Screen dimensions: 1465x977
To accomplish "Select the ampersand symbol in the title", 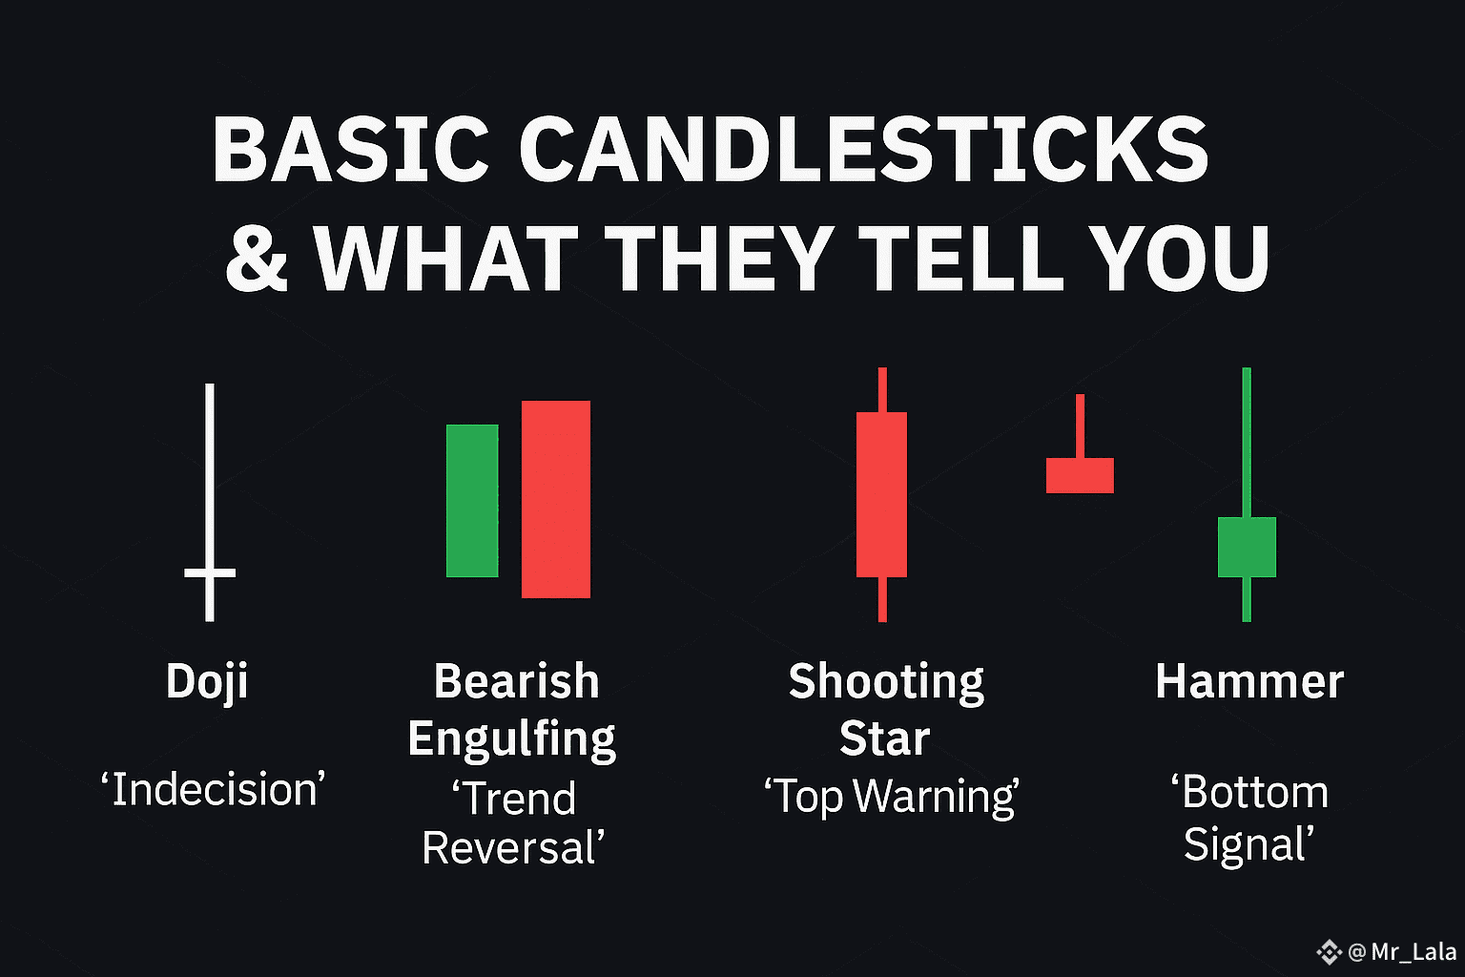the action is click(x=257, y=258).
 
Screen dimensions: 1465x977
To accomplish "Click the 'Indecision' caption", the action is click(x=213, y=789).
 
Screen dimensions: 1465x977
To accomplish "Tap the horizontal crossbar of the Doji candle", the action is click(x=210, y=573).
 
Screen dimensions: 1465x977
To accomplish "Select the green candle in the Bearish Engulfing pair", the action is click(x=472, y=501).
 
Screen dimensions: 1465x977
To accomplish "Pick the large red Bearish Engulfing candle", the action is click(x=556, y=499).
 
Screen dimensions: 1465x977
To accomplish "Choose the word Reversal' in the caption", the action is click(x=513, y=848).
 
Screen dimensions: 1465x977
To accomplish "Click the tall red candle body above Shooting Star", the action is click(x=881, y=495).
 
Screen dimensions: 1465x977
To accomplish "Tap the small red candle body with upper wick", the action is click(x=1080, y=475).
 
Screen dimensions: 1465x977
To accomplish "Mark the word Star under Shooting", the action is click(x=885, y=738).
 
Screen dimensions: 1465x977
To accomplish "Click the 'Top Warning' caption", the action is click(x=892, y=797).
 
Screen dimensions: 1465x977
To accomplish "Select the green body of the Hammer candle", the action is click(x=1247, y=547).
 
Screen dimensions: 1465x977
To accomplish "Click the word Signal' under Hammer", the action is click(x=1248, y=844).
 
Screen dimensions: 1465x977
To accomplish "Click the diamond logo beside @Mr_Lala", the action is click(x=1329, y=952).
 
